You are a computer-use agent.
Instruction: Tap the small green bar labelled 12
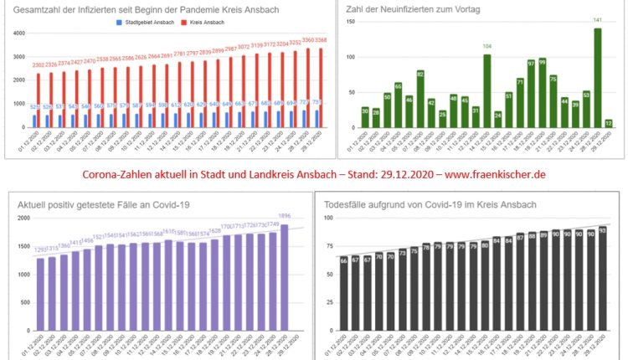pyautogui.click(x=609, y=125)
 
